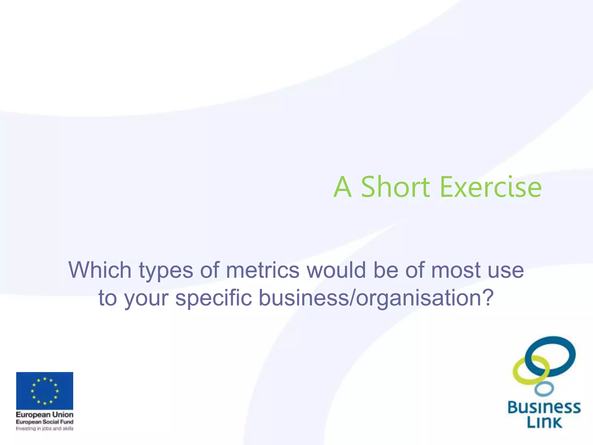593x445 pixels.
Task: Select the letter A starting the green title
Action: point(343,187)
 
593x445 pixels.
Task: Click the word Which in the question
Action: point(100,270)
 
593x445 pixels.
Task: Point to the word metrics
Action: point(263,270)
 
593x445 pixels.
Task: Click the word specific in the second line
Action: point(214,298)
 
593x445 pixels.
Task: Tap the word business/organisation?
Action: point(376,298)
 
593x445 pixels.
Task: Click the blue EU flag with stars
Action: point(45,391)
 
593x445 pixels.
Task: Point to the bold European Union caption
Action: point(45,415)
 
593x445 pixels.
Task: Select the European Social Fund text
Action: point(45,422)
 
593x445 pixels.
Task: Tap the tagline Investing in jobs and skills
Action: point(45,428)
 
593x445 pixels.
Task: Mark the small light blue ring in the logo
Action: point(544,389)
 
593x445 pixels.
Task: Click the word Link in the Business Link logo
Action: point(544,422)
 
